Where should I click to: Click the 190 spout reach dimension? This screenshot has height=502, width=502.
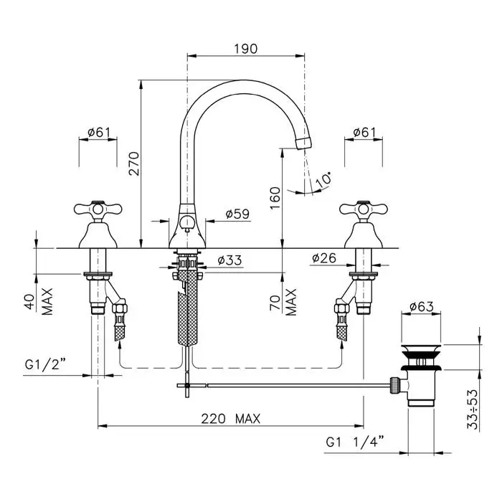click(x=245, y=49)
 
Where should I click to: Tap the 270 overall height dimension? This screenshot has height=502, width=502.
click(x=134, y=164)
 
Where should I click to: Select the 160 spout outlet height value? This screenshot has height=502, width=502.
click(x=275, y=198)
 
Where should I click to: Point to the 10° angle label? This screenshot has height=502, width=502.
click(x=323, y=179)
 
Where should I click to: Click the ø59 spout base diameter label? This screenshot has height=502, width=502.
click(x=237, y=214)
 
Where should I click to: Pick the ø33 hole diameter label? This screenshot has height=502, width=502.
click(x=229, y=260)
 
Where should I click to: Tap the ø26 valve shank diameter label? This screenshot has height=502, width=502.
click(x=324, y=257)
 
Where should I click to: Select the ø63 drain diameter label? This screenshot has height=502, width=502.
click(x=422, y=306)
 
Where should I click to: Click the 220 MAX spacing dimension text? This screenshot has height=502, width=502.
click(x=230, y=419)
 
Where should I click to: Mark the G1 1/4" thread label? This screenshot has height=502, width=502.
click(x=355, y=442)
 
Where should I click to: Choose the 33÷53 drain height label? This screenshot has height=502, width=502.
click(x=473, y=409)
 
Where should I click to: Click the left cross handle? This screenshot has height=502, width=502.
click(x=98, y=209)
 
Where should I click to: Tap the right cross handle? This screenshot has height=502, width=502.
click(x=364, y=209)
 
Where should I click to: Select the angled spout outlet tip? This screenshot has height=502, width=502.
click(x=303, y=143)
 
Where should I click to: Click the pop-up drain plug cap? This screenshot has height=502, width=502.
click(x=421, y=349)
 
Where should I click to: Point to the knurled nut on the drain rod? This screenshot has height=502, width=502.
click(x=394, y=385)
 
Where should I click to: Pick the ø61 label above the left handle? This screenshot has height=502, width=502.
click(x=99, y=132)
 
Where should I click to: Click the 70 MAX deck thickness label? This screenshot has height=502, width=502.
click(x=283, y=302)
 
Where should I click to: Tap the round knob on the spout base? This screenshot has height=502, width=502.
click(x=187, y=222)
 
